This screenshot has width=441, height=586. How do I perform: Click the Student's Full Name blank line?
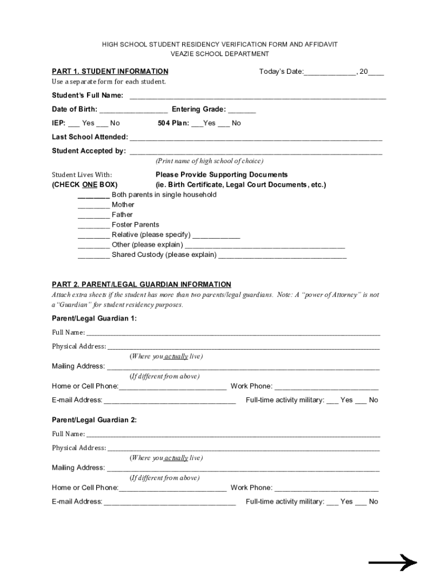258,96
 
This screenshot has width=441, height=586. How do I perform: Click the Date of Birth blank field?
133,110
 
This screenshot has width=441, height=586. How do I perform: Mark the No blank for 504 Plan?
224,124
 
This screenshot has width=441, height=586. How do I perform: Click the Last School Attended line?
256,138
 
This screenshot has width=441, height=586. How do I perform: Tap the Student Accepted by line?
256,152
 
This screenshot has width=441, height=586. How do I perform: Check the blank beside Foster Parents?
93,225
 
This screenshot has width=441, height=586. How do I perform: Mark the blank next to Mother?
93,205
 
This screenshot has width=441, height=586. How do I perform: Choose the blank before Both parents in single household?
93,196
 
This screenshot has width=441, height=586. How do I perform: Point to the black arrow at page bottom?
392,563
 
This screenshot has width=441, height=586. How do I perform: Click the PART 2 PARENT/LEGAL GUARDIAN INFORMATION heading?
141,284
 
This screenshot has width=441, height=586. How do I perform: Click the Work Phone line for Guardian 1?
326,387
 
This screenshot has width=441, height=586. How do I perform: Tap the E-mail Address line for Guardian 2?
170,502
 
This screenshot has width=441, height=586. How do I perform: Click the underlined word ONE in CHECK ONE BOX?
89,185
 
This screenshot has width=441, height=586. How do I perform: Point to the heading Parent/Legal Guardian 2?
94,420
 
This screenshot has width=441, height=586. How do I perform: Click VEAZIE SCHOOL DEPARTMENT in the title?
220,54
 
